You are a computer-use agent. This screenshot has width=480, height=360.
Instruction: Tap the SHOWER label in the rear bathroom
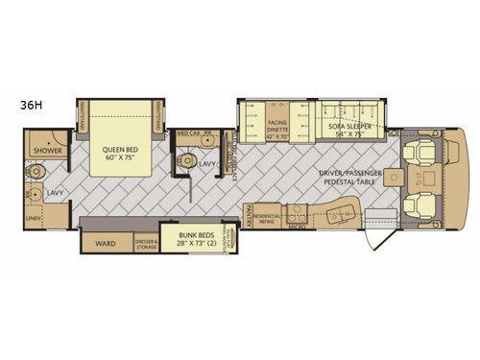[x=44, y=151]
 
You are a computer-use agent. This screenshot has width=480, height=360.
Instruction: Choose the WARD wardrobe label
[x=106, y=244]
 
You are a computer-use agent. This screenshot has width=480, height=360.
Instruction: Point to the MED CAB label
[x=188, y=134]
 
